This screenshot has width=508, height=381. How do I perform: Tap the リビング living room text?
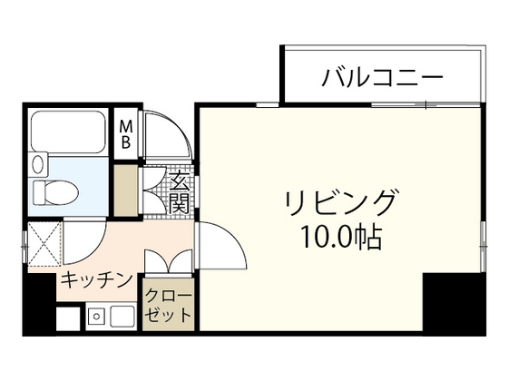pyautogui.click(x=340, y=200)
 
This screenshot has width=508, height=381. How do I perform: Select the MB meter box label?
pyautogui.click(x=126, y=133)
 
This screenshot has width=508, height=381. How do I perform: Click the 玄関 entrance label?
pyautogui.click(x=179, y=192)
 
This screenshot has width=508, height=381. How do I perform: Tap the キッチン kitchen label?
pyautogui.click(x=97, y=280)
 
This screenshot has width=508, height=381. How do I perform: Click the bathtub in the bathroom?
pyautogui.click(x=70, y=132)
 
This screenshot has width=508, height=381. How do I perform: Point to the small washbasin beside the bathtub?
pyautogui.click(x=38, y=166)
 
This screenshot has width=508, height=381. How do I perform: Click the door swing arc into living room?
pyautogui.click(x=220, y=248)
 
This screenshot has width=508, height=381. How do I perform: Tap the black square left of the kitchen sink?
pyautogui.click(x=69, y=317)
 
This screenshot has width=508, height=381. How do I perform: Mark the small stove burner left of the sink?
pyautogui.click(x=95, y=317)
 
